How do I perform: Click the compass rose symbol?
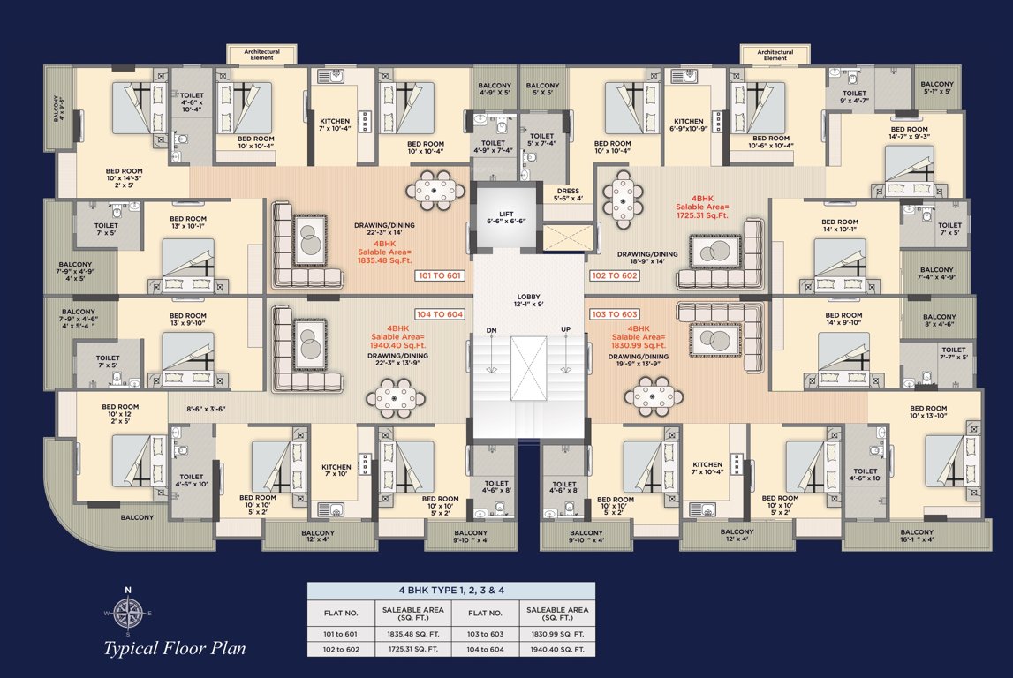[x=127, y=612]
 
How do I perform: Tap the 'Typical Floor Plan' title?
[x=168, y=650]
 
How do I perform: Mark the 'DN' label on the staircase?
[x=492, y=330]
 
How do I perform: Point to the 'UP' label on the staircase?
[x=566, y=330]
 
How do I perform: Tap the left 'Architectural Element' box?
[x=261, y=55]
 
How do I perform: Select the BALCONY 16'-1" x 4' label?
[x=916, y=536]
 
